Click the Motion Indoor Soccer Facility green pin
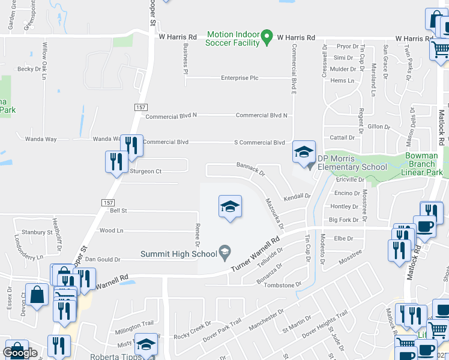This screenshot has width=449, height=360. pyautogui.click(x=268, y=37)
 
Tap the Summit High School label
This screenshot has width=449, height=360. pyautogui.click(x=178, y=254)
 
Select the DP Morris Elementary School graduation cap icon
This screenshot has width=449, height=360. pyautogui.click(x=304, y=152)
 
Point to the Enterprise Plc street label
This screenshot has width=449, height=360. pyautogui.click(x=240, y=78)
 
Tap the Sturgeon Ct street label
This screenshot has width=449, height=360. pyautogui.click(x=146, y=172)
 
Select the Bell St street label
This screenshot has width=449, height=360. pyautogui.click(x=118, y=211)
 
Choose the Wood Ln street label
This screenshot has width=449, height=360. pyautogui.click(x=111, y=230)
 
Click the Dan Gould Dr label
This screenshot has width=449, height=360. pyautogui.click(x=103, y=260)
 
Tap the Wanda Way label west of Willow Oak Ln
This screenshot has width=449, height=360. pyautogui.click(x=41, y=139)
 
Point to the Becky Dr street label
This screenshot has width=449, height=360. pyautogui.click(x=29, y=69)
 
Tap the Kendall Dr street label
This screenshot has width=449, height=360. pyautogui.click(x=297, y=196)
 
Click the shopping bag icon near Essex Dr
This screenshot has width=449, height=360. pyautogui.click(x=37, y=295)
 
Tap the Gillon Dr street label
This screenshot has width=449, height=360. pyautogui.click(x=378, y=127)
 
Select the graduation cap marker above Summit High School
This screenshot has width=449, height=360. pyautogui.click(x=229, y=207)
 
